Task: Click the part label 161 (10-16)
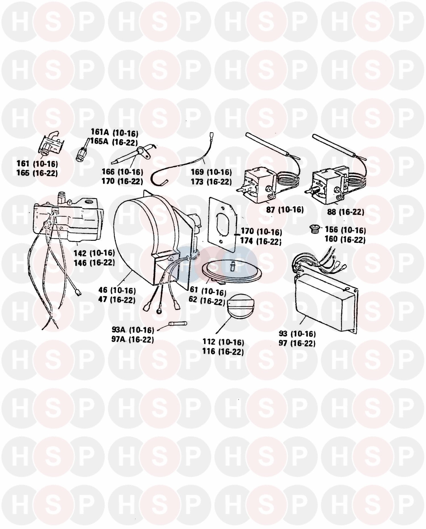click(37, 164)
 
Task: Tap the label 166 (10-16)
click(122, 172)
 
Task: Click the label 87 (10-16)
click(285, 210)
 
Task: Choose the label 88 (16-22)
click(345, 212)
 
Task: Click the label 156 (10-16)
click(345, 230)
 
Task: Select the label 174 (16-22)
click(261, 241)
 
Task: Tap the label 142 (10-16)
click(94, 253)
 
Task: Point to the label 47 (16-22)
click(117, 300)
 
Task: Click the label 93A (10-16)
click(133, 330)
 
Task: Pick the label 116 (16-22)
click(223, 351)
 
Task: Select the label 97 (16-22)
click(297, 343)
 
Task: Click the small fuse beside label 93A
click(178, 324)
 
